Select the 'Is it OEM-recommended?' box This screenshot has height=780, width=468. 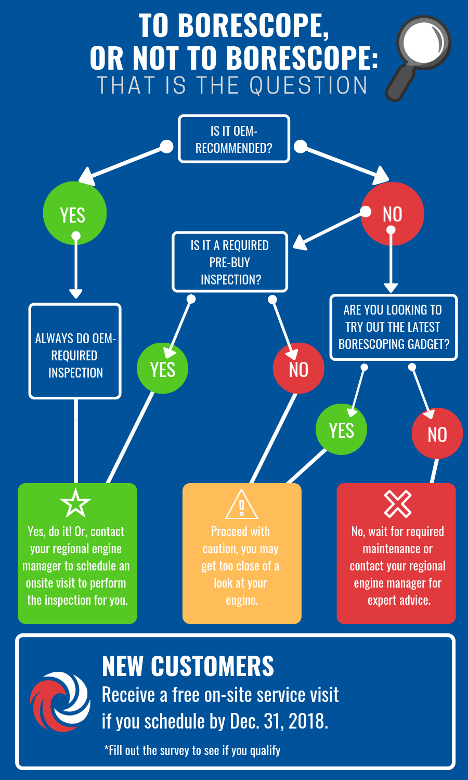(x=233, y=139)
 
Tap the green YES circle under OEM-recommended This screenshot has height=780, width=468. (x=74, y=213)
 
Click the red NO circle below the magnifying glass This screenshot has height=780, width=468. (x=393, y=214)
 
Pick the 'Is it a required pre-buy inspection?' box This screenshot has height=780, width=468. (x=229, y=262)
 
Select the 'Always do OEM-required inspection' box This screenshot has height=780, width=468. (x=75, y=352)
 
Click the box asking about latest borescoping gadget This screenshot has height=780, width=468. (x=394, y=327)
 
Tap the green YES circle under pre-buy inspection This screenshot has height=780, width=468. (x=162, y=369)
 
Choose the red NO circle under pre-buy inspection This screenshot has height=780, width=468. (x=298, y=369)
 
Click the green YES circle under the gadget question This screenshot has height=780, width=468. (x=341, y=430)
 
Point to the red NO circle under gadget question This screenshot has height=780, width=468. (x=437, y=434)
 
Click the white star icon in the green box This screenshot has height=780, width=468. (x=75, y=503)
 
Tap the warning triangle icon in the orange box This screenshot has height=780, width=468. (x=242, y=504)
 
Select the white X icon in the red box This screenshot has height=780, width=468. (x=398, y=503)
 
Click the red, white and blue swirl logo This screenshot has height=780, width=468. (x=60, y=701)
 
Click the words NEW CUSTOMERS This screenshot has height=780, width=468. (x=188, y=666)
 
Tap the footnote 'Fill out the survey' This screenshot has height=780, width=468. (x=192, y=750)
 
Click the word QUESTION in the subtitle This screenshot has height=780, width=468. (x=309, y=85)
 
